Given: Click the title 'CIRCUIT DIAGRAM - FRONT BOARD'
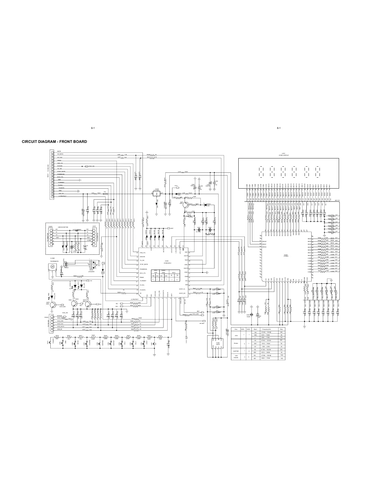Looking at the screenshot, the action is [x=54, y=142].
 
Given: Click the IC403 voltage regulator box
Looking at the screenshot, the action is [x=157, y=193].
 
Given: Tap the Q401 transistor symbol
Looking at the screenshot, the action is [x=185, y=205].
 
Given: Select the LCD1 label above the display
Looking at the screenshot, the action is [x=283, y=154].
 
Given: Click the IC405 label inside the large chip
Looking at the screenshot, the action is [x=286, y=255].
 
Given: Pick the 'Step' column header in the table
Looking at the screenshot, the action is [x=282, y=329].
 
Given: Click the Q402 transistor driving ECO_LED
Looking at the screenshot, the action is [x=52, y=305].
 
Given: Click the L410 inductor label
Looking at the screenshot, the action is [x=179, y=172].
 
